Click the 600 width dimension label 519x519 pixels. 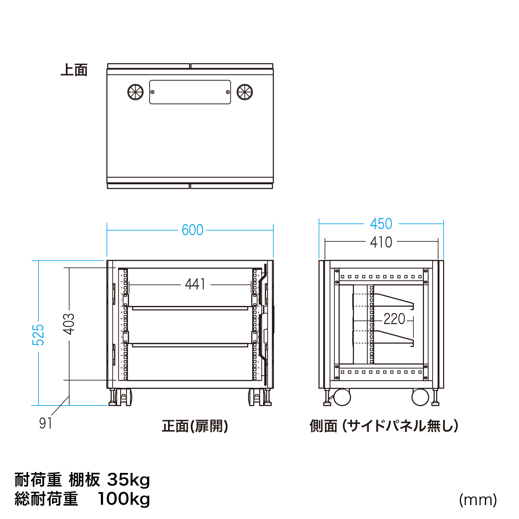[x=192, y=230]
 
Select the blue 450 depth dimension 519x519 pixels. [x=381, y=224]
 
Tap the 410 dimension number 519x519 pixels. [x=381, y=242]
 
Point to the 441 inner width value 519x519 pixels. [x=195, y=284]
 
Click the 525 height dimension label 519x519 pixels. [x=38, y=334]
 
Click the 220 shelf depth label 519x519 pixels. [x=394, y=319]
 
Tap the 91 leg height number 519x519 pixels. [x=45, y=423]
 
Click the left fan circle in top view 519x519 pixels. [x=136, y=92]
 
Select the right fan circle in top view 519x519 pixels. [x=245, y=92]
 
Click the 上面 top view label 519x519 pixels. [x=74, y=70]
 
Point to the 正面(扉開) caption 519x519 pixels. [x=195, y=426]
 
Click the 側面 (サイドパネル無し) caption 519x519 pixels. [x=384, y=426]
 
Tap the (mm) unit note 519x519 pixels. [x=478, y=500]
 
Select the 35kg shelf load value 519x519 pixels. [x=128, y=480]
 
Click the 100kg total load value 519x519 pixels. [x=124, y=499]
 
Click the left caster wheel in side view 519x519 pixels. [x=342, y=397]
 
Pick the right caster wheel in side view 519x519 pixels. [x=420, y=397]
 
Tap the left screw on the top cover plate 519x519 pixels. [x=152, y=92]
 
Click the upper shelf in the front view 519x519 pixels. [x=190, y=308]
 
